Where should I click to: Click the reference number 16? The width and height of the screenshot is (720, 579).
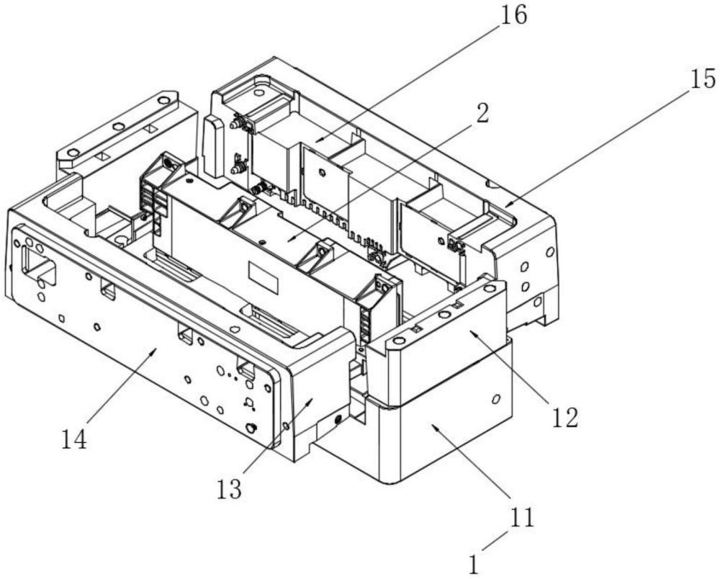point(513,16)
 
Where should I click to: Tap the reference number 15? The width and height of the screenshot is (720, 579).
point(701,78)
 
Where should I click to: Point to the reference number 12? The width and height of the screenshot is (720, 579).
point(564,417)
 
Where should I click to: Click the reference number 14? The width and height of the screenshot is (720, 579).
point(74,439)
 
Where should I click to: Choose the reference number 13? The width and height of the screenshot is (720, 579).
point(229,490)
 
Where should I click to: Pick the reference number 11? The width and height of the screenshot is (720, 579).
point(522,518)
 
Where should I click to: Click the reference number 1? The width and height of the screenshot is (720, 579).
point(474,564)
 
